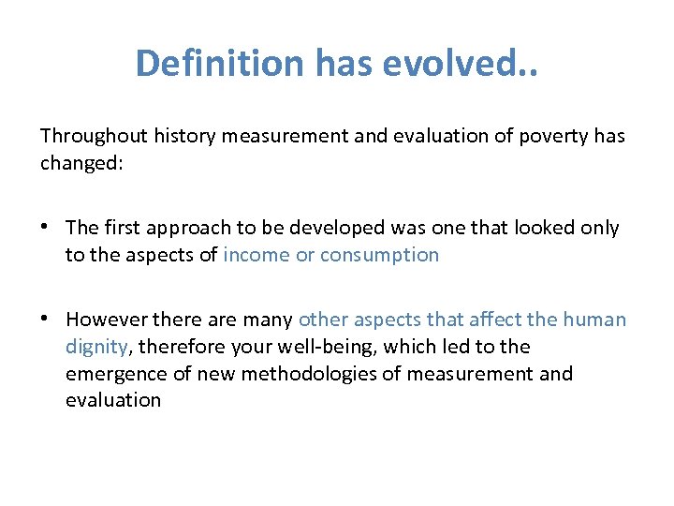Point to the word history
[183, 136]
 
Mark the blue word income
[256, 255]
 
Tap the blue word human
[594, 320]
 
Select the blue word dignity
[96, 347]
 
